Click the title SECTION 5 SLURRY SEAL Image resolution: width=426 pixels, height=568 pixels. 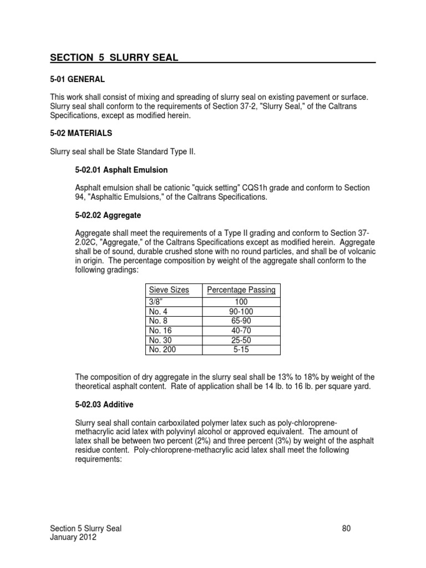[114, 58]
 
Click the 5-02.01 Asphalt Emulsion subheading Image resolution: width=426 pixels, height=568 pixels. [121, 170]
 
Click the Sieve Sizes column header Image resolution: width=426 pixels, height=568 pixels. [169, 290]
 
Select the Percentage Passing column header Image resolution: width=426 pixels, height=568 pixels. [241, 290]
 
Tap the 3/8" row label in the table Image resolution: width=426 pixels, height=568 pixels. [155, 302]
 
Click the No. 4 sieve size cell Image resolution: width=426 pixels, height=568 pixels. [158, 311]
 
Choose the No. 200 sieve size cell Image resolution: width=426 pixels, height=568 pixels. [161, 349]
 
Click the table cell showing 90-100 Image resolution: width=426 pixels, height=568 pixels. [241, 311]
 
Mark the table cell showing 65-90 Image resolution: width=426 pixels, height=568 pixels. [241, 321]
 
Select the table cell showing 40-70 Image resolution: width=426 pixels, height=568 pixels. [241, 331]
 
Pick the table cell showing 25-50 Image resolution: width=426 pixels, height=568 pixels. [241, 340]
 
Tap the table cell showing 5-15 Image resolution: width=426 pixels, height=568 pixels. [241, 349]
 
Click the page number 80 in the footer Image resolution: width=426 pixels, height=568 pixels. [347, 529]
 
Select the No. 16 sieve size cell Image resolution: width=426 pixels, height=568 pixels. [160, 331]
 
